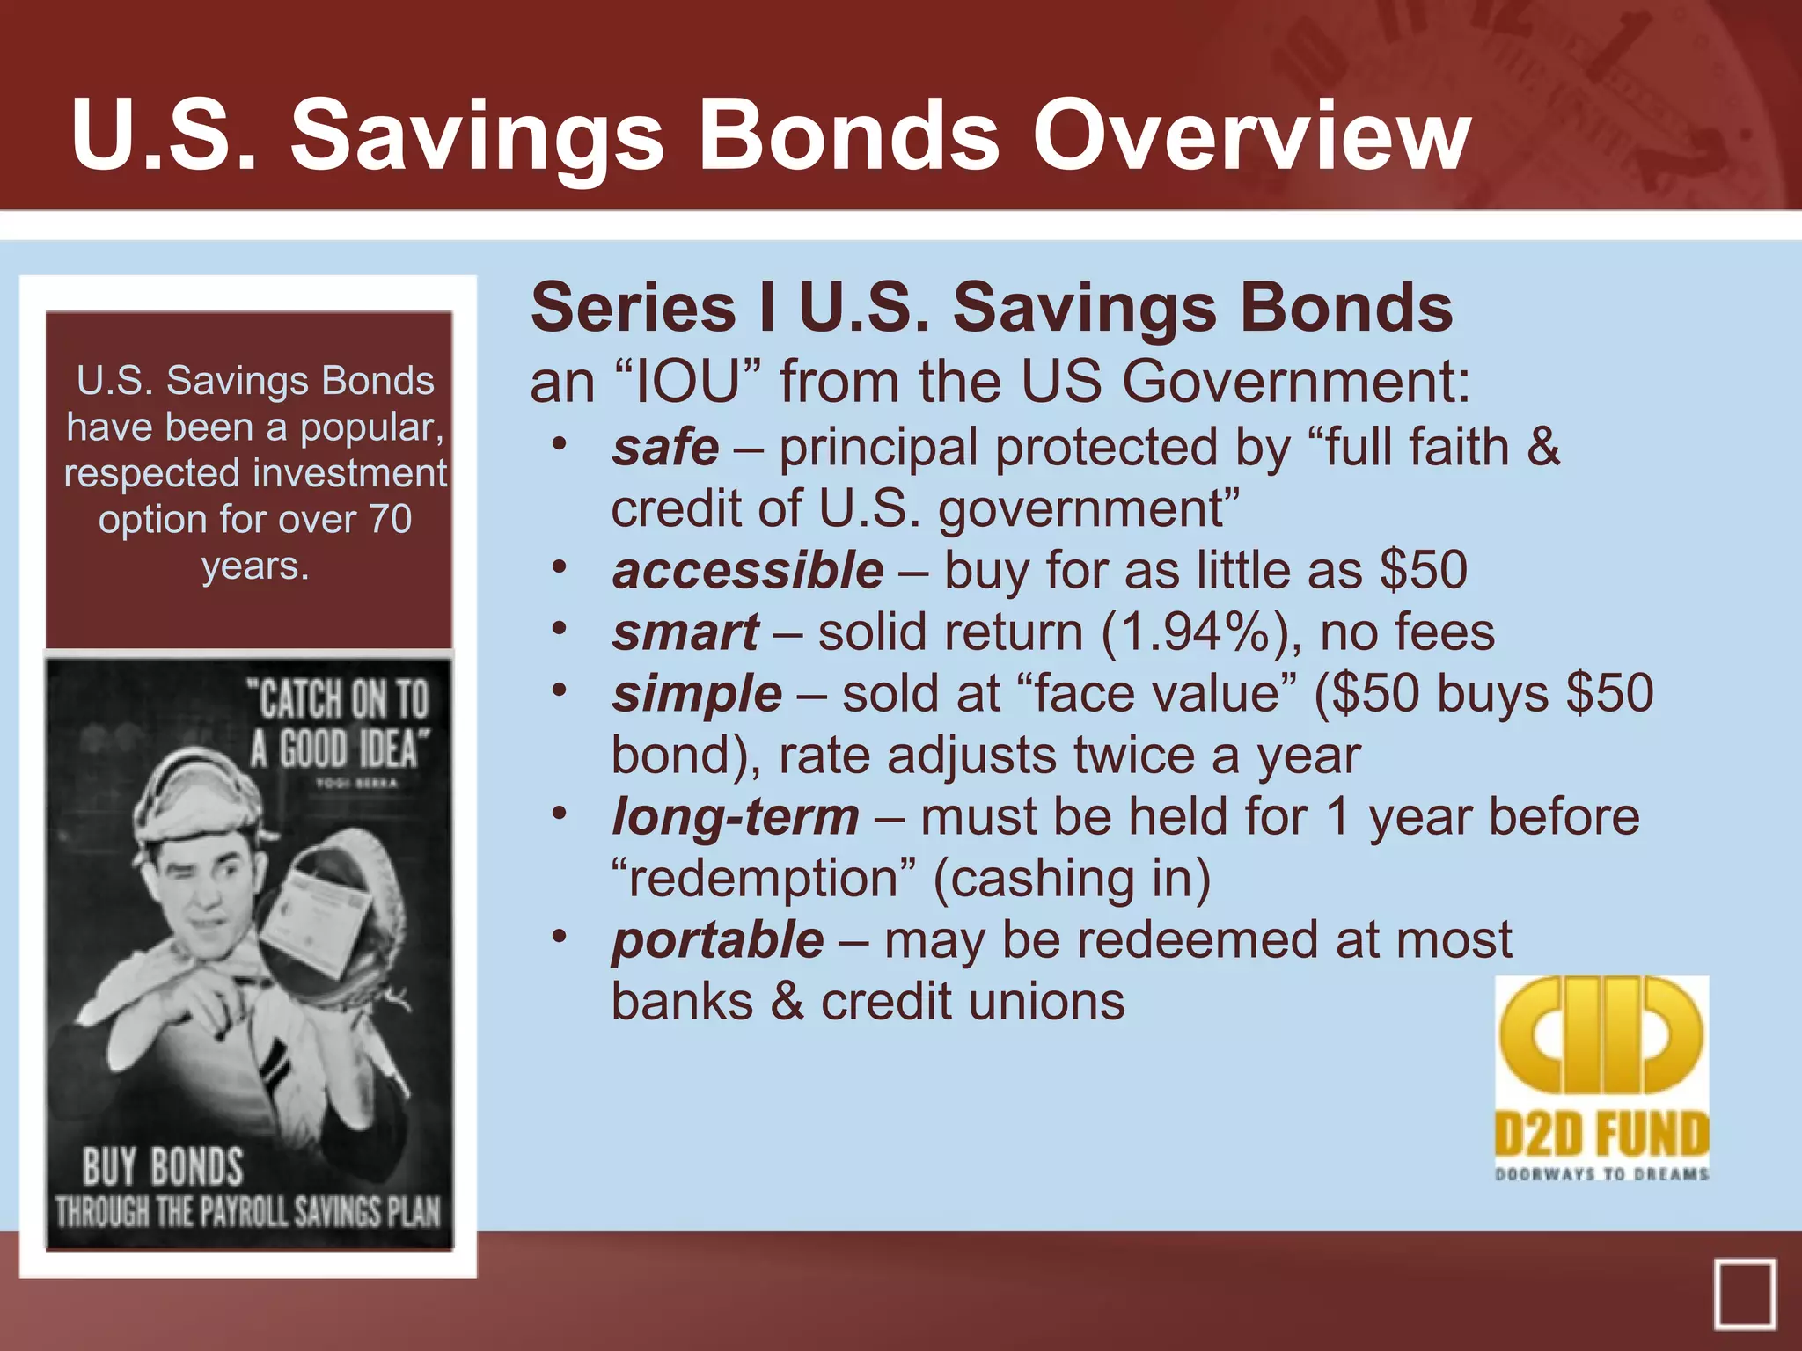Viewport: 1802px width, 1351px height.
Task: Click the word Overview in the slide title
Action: click(1251, 136)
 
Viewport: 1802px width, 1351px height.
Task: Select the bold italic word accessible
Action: click(748, 570)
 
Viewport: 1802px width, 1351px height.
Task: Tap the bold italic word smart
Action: click(685, 632)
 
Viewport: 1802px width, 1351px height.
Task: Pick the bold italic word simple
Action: click(697, 694)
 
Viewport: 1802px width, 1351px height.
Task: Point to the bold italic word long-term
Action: click(736, 817)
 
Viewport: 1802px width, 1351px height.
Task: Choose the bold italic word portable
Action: click(718, 940)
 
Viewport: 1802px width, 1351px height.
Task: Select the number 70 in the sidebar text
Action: click(390, 519)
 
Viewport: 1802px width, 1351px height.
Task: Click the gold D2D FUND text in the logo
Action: click(1601, 1135)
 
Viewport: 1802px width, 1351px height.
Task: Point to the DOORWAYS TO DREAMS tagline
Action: click(1601, 1174)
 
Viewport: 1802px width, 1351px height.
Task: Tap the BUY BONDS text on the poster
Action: click(163, 1167)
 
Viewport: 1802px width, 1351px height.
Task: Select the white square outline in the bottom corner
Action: click(1744, 1295)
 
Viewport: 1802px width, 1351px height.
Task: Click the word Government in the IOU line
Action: click(1295, 383)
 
